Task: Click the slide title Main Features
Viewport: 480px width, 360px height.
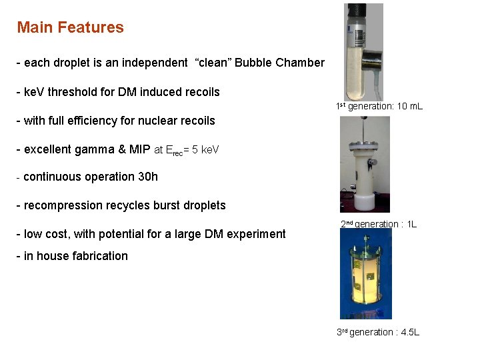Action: (70, 28)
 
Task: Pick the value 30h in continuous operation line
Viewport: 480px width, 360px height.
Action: (148, 177)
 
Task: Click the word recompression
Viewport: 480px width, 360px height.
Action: (62, 205)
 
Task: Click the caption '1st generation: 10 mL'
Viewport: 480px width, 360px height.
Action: (379, 107)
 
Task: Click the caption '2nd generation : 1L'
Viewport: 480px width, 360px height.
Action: (378, 224)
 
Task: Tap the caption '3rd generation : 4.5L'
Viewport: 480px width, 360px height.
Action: (378, 332)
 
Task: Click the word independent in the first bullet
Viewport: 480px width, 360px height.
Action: (153, 63)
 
